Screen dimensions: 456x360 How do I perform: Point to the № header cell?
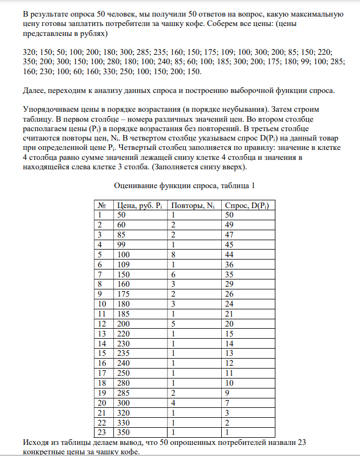(101, 205)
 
